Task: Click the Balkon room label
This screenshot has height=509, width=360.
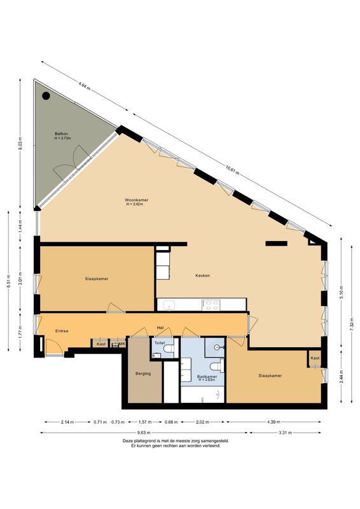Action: point(62,133)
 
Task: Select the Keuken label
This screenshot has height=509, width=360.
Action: point(202,275)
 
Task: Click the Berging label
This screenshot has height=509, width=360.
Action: point(143,373)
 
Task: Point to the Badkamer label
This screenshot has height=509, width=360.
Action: point(207,376)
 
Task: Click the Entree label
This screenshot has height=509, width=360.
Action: point(62,331)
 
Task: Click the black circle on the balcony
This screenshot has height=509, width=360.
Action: point(46,96)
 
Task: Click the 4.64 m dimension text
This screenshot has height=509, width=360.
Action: point(83,84)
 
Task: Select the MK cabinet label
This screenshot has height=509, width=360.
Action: point(122,344)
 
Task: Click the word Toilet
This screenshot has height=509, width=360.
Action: point(160,342)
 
